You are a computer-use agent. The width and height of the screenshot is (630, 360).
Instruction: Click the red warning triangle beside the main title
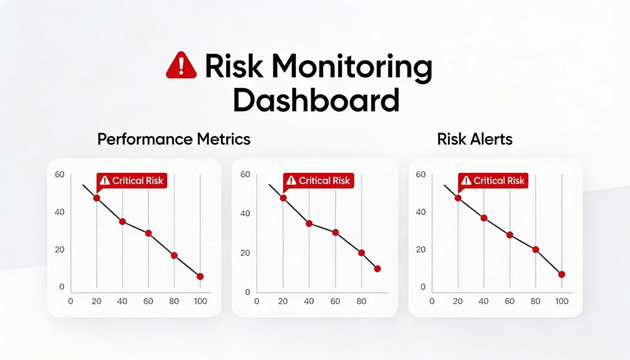(181, 65)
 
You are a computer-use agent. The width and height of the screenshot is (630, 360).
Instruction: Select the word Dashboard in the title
(316, 100)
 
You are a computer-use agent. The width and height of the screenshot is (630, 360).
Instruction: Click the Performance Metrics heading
(174, 139)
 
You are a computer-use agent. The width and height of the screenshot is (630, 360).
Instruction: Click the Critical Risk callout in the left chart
(132, 180)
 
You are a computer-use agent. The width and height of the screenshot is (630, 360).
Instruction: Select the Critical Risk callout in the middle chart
(317, 181)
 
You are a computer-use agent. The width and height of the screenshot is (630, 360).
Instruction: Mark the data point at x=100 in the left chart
(200, 276)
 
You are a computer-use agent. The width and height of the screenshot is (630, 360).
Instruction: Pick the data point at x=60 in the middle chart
(335, 232)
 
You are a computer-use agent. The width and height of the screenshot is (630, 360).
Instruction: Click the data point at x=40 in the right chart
(484, 218)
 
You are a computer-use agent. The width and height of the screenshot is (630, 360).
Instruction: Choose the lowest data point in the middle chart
(377, 268)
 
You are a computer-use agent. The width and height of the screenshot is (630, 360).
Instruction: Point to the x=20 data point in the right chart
(458, 198)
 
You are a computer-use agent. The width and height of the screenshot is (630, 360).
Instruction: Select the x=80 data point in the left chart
(174, 255)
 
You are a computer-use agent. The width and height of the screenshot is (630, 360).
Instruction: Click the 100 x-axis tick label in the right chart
(561, 302)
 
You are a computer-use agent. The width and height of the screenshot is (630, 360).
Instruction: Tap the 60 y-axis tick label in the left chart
(60, 174)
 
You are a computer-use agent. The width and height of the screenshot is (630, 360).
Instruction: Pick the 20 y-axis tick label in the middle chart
(245, 253)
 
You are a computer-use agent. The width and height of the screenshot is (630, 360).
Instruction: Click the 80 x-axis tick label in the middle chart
(361, 302)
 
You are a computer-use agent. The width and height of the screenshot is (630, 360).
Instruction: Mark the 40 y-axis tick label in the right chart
(421, 212)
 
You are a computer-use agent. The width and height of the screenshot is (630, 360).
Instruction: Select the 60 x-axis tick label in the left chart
(148, 302)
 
